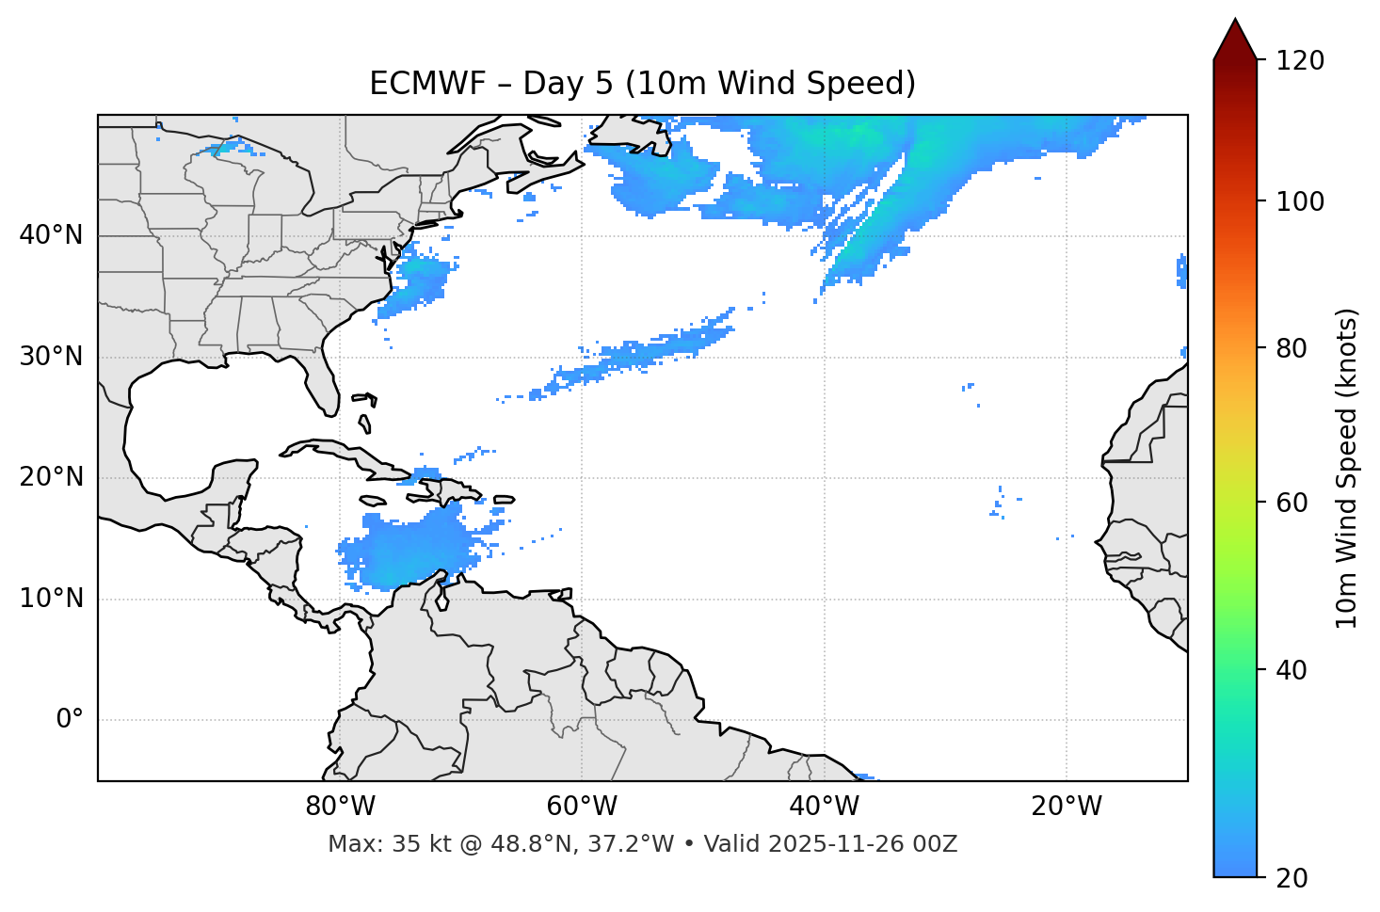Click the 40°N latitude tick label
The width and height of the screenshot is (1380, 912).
(51, 235)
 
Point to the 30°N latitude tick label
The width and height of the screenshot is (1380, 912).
(51, 357)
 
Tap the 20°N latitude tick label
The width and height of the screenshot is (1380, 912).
(51, 477)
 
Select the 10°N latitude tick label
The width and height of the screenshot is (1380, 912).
(51, 599)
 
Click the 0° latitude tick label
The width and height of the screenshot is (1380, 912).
(69, 720)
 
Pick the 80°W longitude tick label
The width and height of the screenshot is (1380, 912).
(340, 807)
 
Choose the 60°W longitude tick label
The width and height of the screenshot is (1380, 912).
(582, 807)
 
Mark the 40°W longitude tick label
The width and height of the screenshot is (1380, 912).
(824, 807)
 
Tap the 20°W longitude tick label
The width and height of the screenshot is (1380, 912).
(1067, 807)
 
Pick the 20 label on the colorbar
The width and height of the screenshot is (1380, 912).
(1290, 878)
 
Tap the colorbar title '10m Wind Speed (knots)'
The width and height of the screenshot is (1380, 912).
(1347, 468)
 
